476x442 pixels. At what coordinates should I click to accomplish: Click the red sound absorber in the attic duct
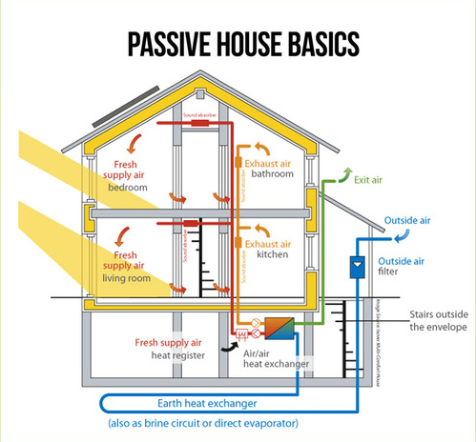pyautogui.click(x=199, y=122)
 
